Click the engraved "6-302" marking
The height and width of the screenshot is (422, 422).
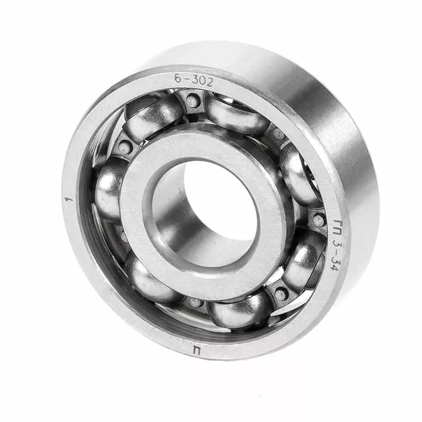pyautogui.click(x=194, y=80)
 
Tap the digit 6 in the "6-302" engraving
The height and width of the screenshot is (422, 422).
pyautogui.click(x=177, y=78)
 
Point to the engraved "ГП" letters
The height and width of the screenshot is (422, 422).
pyautogui.click(x=340, y=229)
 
